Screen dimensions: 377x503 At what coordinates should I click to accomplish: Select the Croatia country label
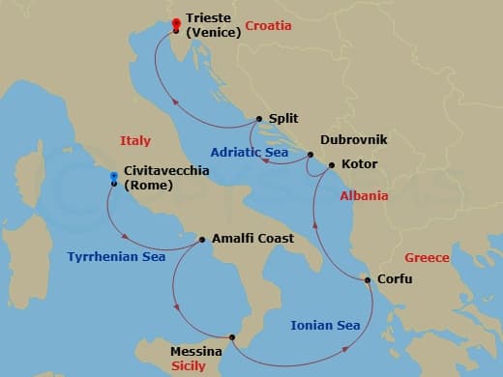268,26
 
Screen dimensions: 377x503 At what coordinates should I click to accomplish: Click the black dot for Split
259,119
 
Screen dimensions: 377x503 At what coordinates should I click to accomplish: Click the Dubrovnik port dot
311,155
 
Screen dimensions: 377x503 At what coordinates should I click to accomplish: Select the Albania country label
364,195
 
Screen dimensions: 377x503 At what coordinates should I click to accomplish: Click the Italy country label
135,141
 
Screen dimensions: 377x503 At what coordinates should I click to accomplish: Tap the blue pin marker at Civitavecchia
114,178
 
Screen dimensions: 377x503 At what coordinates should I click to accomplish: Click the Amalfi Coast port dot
201,239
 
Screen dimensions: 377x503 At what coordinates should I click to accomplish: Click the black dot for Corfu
368,280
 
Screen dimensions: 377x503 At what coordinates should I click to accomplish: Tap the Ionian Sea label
325,325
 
